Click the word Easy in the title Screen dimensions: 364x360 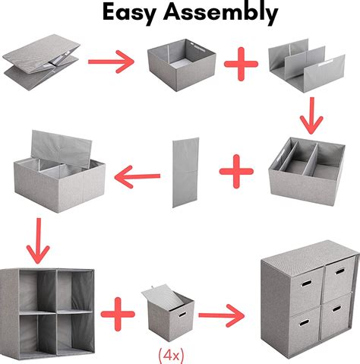[x=131, y=14]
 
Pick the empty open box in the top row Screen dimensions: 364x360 [x=178, y=67]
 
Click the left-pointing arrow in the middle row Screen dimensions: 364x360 [x=137, y=177]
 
